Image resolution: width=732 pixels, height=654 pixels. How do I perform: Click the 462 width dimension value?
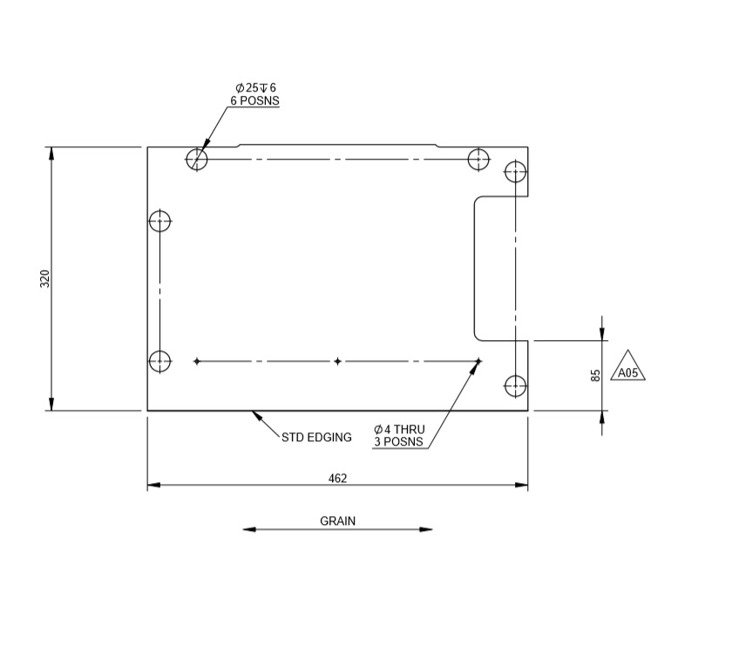(x=337, y=478)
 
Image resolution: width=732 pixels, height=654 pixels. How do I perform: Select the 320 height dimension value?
(x=45, y=278)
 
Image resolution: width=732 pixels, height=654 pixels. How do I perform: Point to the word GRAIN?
(x=337, y=521)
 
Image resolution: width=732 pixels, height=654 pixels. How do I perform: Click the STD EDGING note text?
(x=316, y=437)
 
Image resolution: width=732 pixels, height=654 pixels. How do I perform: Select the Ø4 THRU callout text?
(x=399, y=429)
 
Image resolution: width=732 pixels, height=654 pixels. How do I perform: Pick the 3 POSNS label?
(x=398, y=442)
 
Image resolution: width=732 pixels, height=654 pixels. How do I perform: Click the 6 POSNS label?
(x=254, y=100)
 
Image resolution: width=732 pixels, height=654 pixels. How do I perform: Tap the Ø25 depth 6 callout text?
(x=255, y=87)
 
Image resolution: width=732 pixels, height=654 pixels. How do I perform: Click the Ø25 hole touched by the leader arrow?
(x=197, y=160)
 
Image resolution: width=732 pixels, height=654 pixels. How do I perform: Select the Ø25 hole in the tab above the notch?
(x=516, y=172)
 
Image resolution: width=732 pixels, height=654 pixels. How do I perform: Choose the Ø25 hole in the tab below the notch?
(x=516, y=385)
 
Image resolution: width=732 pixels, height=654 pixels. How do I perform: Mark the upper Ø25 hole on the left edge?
(x=159, y=221)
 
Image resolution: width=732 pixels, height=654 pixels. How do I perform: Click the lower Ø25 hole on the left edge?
(x=159, y=360)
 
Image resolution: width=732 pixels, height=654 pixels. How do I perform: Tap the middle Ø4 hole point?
(x=337, y=361)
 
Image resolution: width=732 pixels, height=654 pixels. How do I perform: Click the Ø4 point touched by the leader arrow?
(x=478, y=361)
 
